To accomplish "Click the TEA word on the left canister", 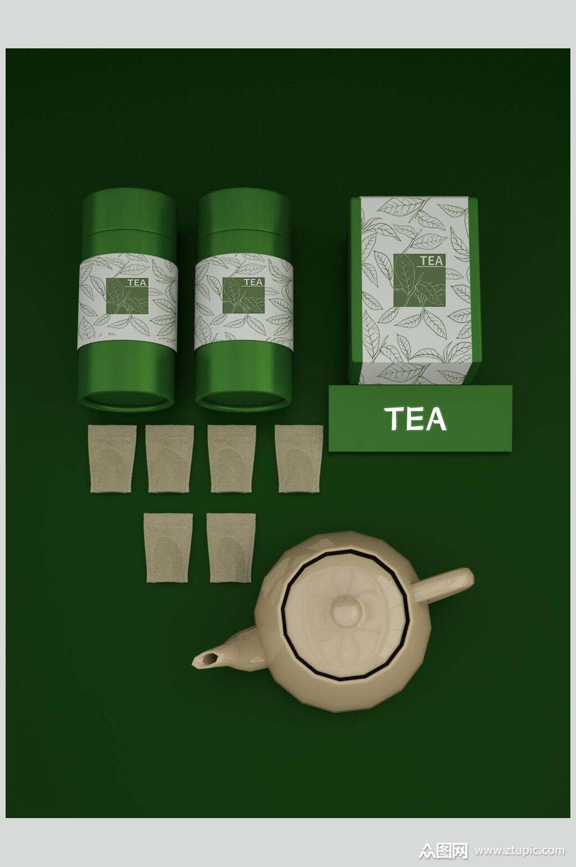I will pyautogui.click(x=137, y=282).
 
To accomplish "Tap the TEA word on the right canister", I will pyautogui.click(x=253, y=282).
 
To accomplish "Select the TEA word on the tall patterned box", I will pyautogui.click(x=431, y=260).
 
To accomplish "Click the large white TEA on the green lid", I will pyautogui.click(x=416, y=418).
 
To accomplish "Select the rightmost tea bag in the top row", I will pyautogui.click(x=299, y=459).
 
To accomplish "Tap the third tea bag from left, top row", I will pyautogui.click(x=232, y=459).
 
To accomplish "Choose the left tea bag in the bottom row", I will pyautogui.click(x=168, y=548).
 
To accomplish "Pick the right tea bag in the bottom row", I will pyautogui.click(x=231, y=548).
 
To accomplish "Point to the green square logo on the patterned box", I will pyautogui.click(x=419, y=280).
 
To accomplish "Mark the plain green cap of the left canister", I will pyautogui.click(x=129, y=211).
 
